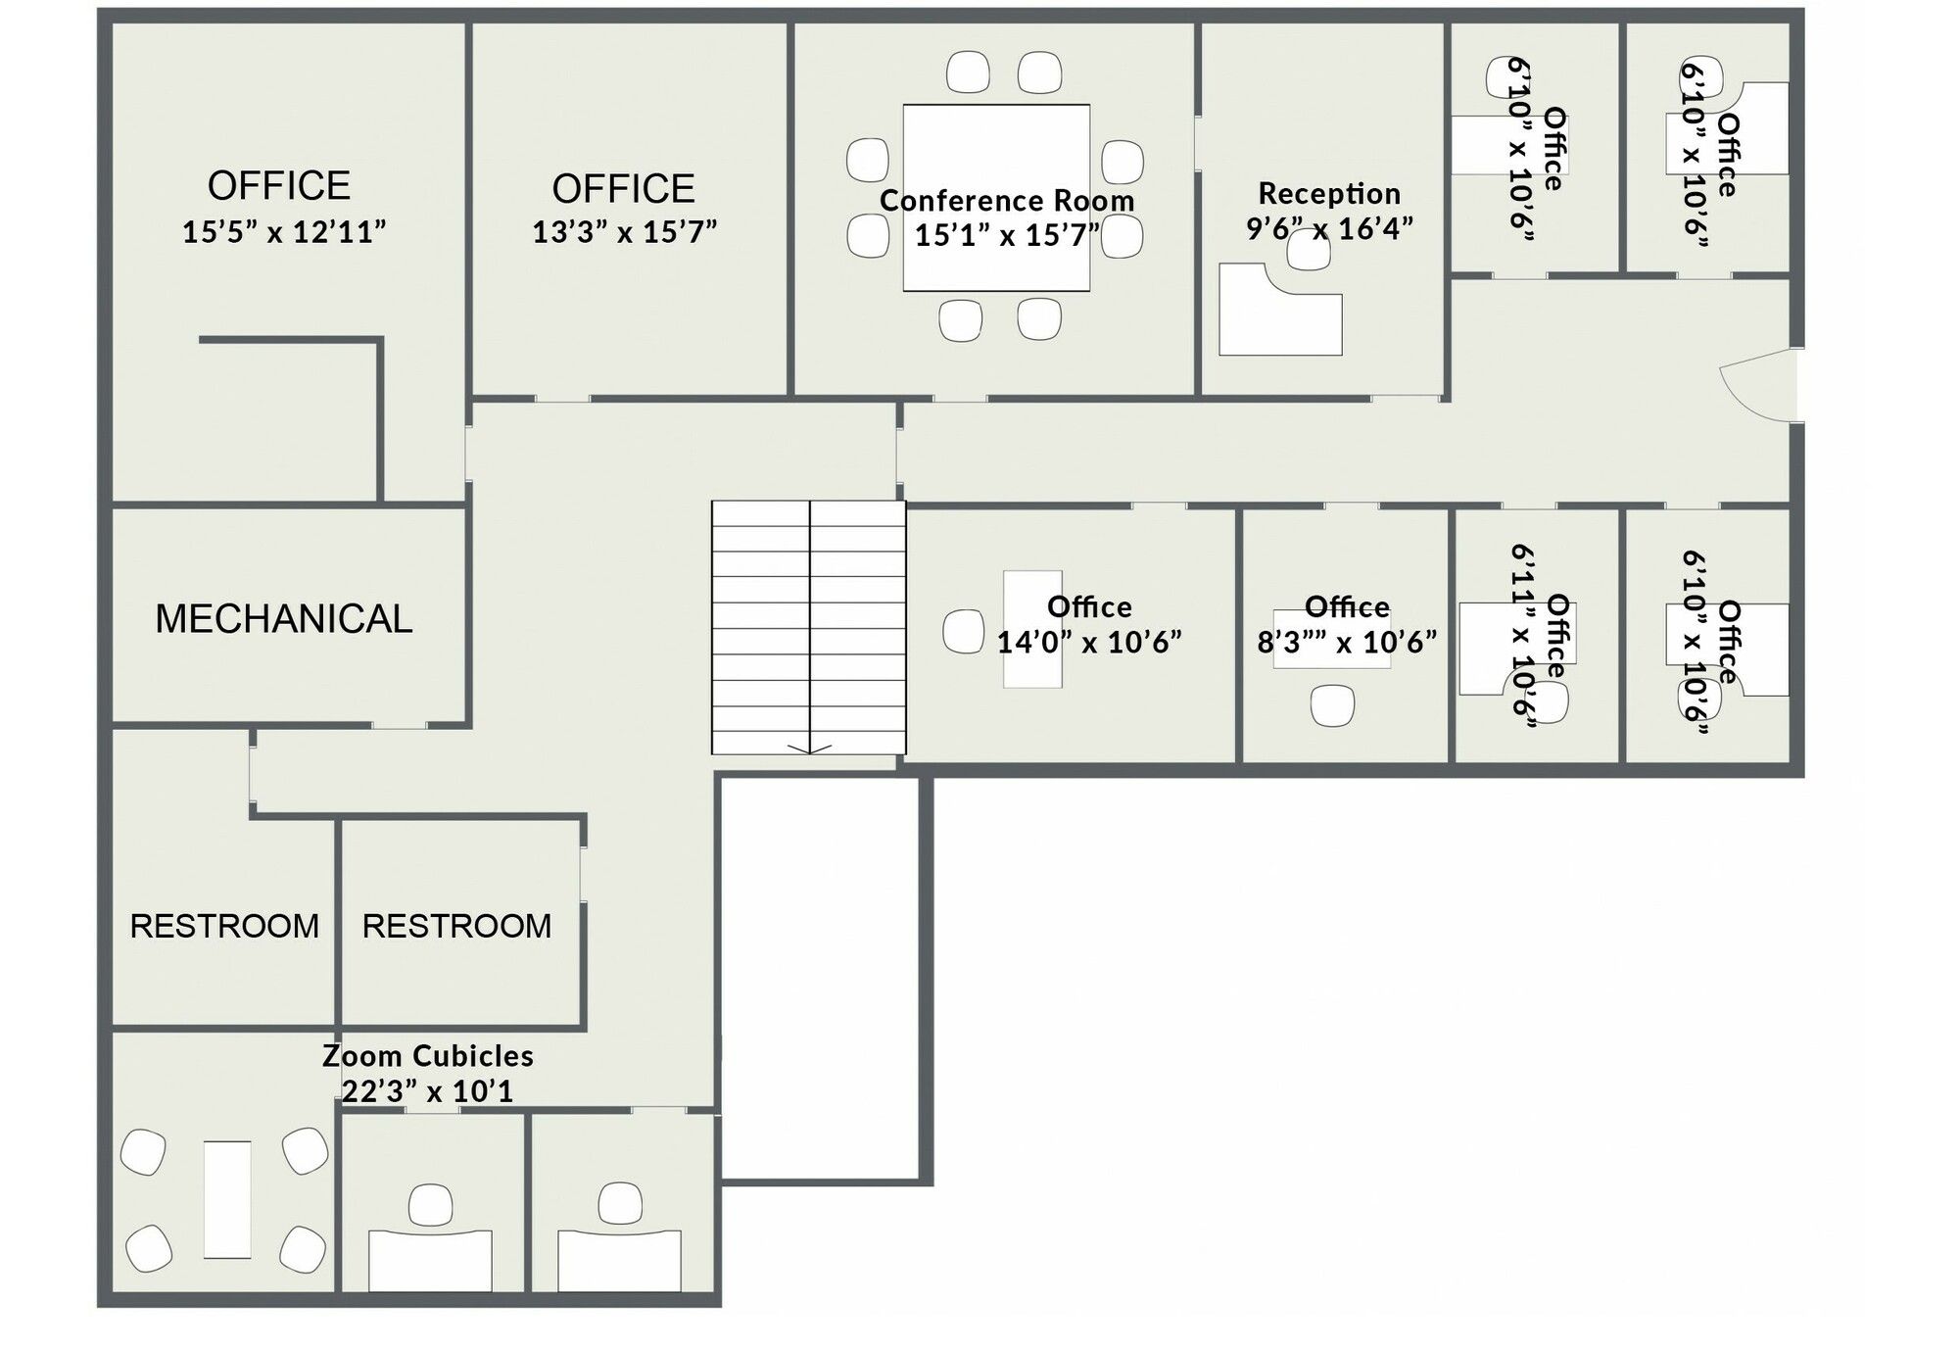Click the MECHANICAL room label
pyautogui.click(x=284, y=619)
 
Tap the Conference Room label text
pyautogui.click(x=1007, y=200)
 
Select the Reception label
pyautogui.click(x=1329, y=193)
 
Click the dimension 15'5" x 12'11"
pyautogui.click(x=284, y=232)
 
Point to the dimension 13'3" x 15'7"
pyautogui.click(x=625, y=232)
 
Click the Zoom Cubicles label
pyautogui.click(x=428, y=1056)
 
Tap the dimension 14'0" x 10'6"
pyautogui.click(x=1089, y=642)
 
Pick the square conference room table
pyautogui.click(x=996, y=198)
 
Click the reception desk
pyautogui.click(x=1279, y=309)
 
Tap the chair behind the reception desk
pyautogui.click(x=1309, y=250)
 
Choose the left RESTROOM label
pyautogui.click(x=224, y=926)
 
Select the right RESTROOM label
pyautogui.click(x=456, y=926)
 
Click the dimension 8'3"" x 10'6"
pyautogui.click(x=1347, y=642)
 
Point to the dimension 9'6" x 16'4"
pyautogui.click(x=1329, y=228)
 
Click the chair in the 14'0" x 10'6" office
pyautogui.click(x=963, y=631)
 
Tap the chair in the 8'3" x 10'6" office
pyautogui.click(x=1332, y=705)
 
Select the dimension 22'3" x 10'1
pyautogui.click(x=428, y=1091)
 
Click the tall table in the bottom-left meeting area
pyautogui.click(x=227, y=1199)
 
